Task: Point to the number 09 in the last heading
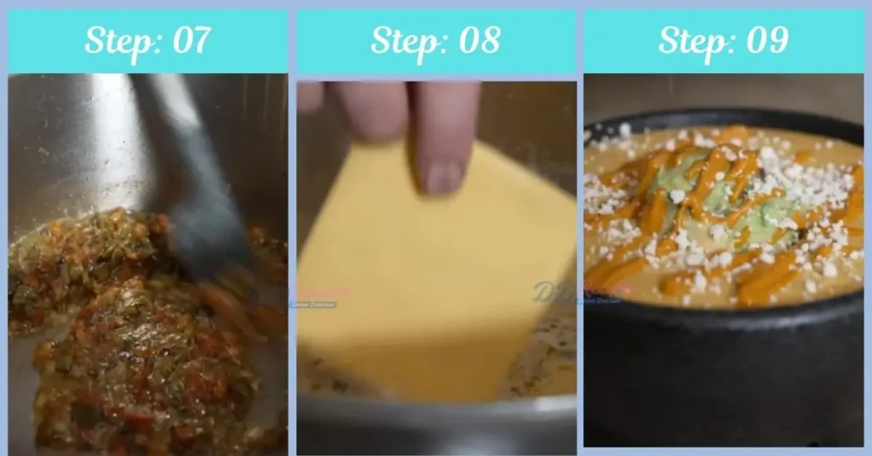click(x=764, y=40)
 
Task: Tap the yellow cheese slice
click(x=426, y=281)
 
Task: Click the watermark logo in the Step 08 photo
click(x=558, y=292)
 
